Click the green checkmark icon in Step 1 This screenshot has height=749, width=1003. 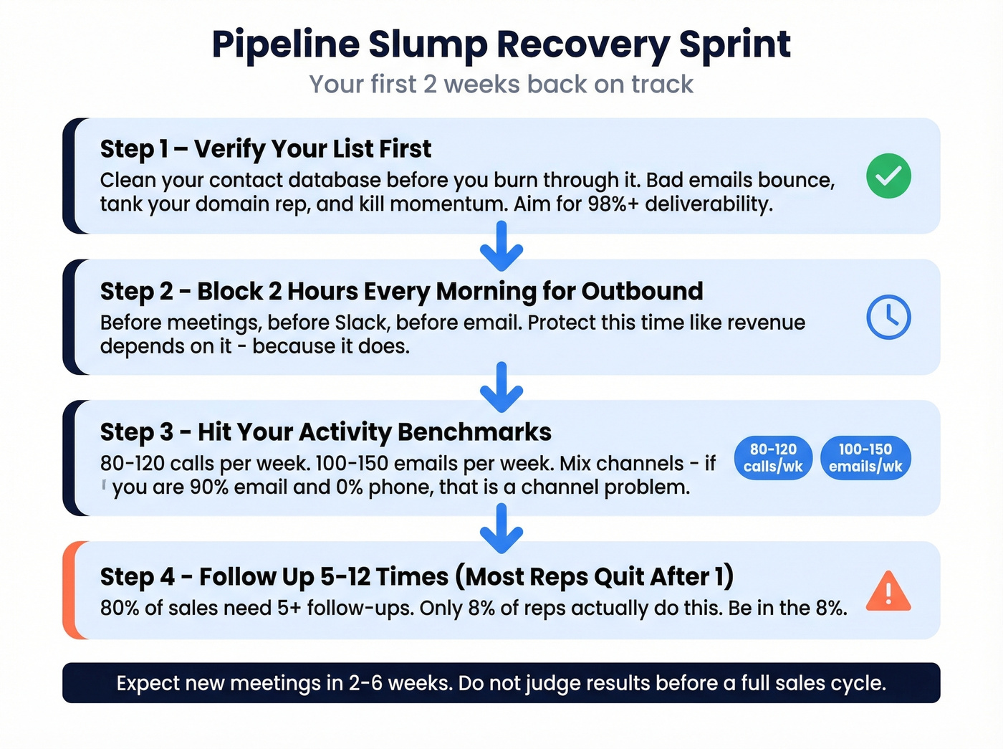coord(888,176)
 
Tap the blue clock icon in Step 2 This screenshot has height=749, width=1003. coord(888,317)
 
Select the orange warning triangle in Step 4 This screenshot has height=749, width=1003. coord(888,592)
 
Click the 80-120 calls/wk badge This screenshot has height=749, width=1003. coord(773,458)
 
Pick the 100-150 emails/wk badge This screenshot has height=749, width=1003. coord(865,458)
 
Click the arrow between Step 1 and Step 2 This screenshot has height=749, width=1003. coord(501,246)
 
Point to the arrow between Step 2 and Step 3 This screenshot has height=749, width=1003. coord(501,387)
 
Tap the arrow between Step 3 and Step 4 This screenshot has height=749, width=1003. coord(501,528)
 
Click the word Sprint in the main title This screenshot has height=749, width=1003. coord(734,44)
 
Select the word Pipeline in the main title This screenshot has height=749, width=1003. coord(285,44)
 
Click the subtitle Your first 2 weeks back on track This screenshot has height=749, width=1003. coord(501,85)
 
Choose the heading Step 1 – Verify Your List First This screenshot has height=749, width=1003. coord(265,149)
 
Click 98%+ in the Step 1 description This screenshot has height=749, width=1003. coord(613,204)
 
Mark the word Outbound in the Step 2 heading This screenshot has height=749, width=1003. coord(642,292)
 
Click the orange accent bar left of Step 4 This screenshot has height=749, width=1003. coord(69,590)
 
